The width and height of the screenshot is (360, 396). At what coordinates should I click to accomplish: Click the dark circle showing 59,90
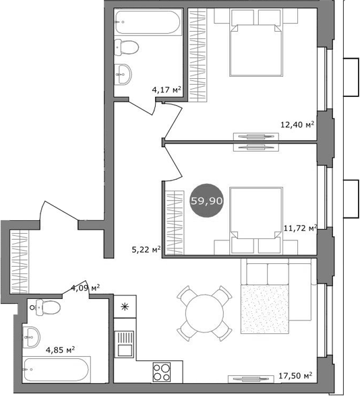[x=208, y=201]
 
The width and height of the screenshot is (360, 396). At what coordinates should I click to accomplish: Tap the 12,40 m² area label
[x=298, y=124]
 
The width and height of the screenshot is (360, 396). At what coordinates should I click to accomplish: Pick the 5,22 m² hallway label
[x=146, y=249]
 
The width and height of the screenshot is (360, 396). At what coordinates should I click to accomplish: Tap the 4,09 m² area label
[x=86, y=289]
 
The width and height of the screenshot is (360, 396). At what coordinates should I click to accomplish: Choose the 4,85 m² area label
[x=59, y=350]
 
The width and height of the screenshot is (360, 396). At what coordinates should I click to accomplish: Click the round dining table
[x=204, y=312]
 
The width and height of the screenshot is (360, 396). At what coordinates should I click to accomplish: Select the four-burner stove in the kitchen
[x=162, y=371]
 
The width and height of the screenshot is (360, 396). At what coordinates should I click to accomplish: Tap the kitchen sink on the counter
[x=125, y=347]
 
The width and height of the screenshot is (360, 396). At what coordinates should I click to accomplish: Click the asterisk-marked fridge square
[x=124, y=307]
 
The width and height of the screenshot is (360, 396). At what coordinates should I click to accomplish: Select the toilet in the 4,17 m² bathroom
[x=126, y=46]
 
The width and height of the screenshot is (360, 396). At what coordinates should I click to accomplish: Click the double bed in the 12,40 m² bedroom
[x=256, y=48]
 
